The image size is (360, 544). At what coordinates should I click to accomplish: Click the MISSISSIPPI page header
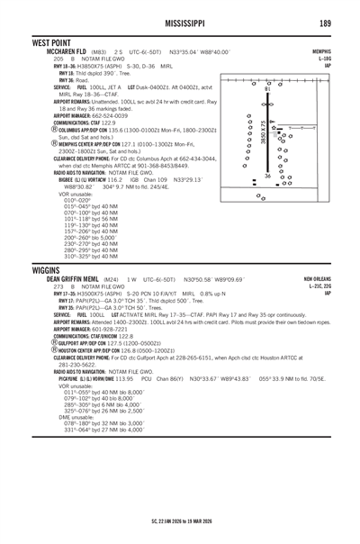click(x=180, y=22)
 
